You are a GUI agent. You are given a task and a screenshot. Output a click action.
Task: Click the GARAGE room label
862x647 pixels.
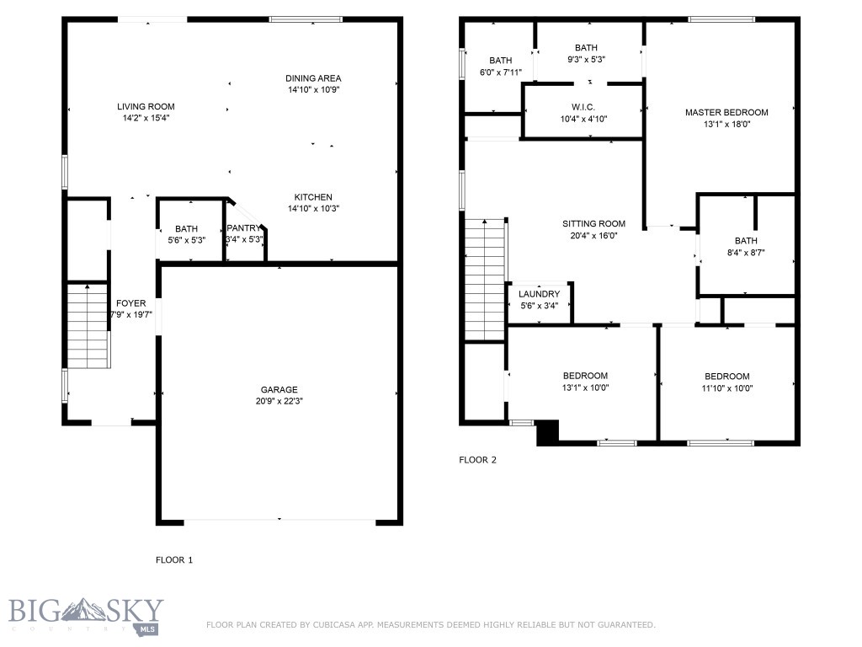pyautogui.click(x=279, y=390)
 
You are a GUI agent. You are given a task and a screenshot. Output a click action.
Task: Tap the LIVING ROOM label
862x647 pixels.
pyautogui.click(x=146, y=107)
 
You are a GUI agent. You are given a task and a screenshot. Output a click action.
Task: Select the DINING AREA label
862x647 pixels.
pyautogui.click(x=312, y=78)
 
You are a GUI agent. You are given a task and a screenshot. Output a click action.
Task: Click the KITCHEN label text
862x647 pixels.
pyautogui.click(x=312, y=197)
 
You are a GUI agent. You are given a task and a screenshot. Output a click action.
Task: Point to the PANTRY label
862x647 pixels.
pyautogui.click(x=244, y=228)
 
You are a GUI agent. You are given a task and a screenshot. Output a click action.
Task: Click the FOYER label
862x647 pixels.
pyautogui.click(x=130, y=303)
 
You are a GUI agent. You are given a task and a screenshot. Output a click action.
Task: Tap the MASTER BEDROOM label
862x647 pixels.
pyautogui.click(x=726, y=113)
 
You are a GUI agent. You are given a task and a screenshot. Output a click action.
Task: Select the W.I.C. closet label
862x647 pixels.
pyautogui.click(x=583, y=107)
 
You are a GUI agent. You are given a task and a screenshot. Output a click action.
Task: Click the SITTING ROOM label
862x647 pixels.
pyautogui.click(x=593, y=224)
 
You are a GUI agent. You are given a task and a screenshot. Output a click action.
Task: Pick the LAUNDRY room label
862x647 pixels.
pyautogui.click(x=539, y=294)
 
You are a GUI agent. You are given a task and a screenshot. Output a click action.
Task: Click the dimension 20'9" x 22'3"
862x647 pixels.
pyautogui.click(x=279, y=402)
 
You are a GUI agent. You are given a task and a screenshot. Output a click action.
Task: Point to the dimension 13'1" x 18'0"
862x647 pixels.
pyautogui.click(x=726, y=125)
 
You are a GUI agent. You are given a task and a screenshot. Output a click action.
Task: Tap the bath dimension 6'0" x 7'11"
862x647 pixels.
pyautogui.click(x=500, y=72)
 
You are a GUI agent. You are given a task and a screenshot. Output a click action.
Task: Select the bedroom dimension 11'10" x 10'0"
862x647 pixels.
pyautogui.click(x=726, y=388)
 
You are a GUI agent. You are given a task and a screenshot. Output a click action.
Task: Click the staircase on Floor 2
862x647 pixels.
pyautogui.click(x=484, y=279)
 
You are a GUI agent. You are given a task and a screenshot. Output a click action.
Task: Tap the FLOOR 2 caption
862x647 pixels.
pyautogui.click(x=477, y=460)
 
